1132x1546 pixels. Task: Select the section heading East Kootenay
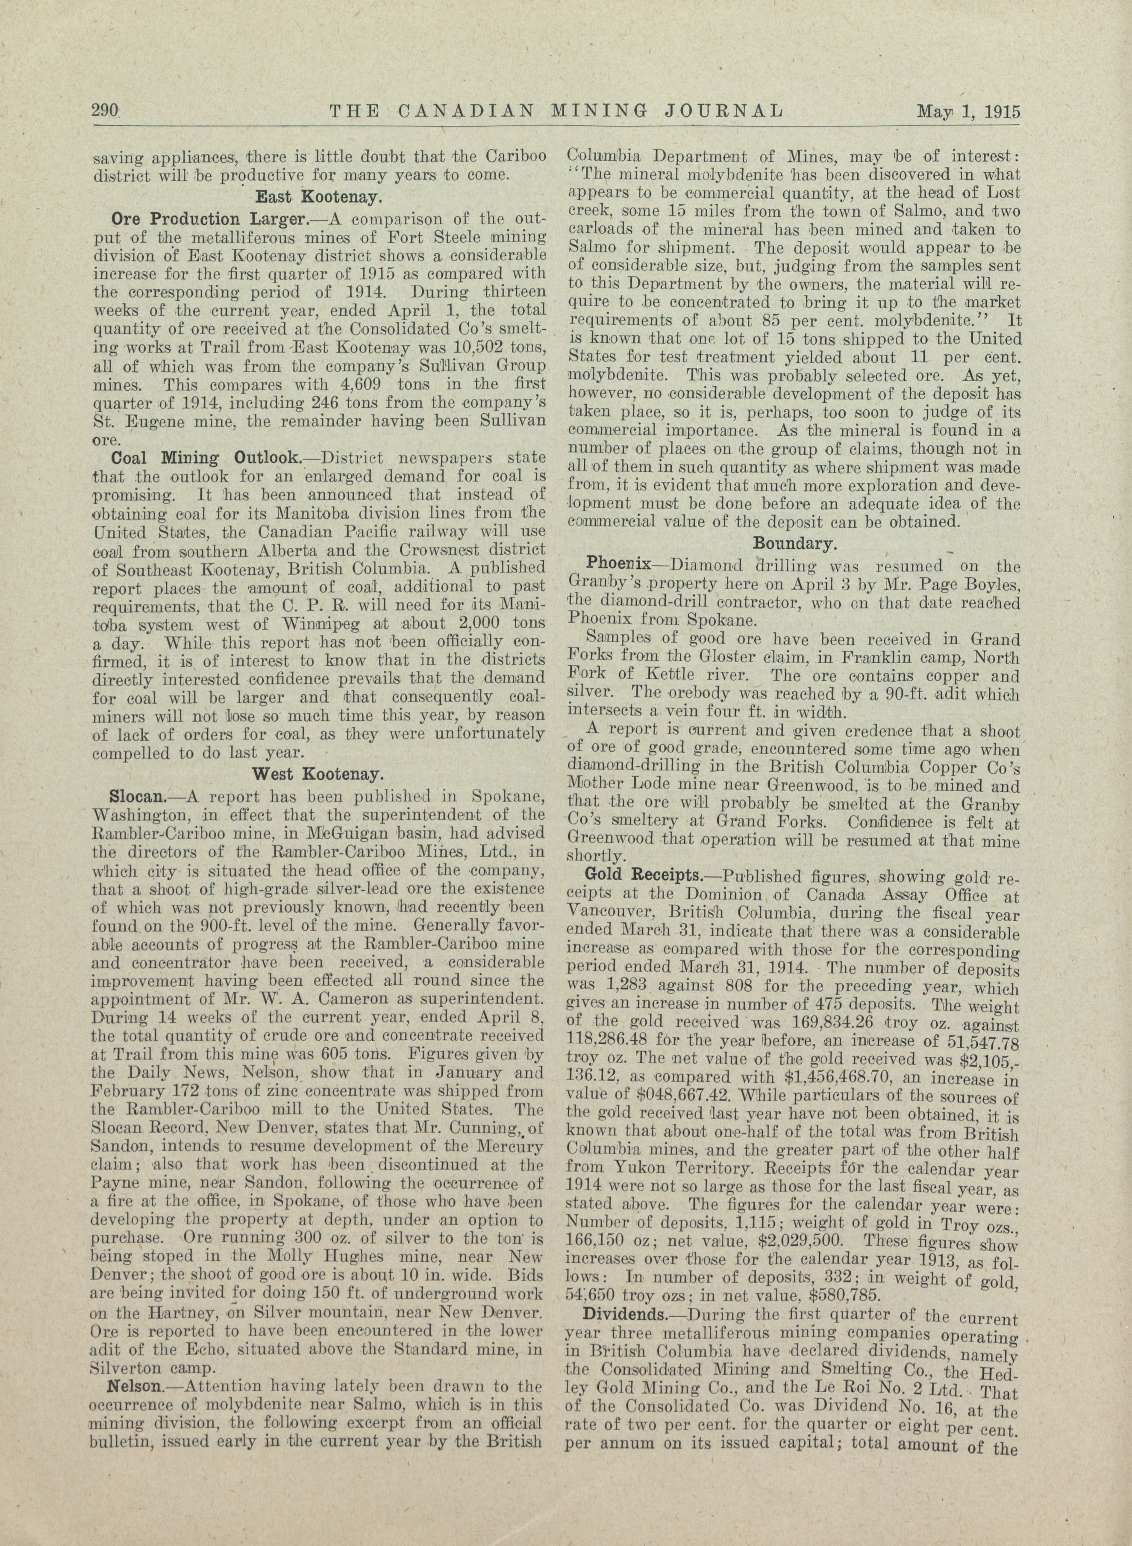pos(319,197)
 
